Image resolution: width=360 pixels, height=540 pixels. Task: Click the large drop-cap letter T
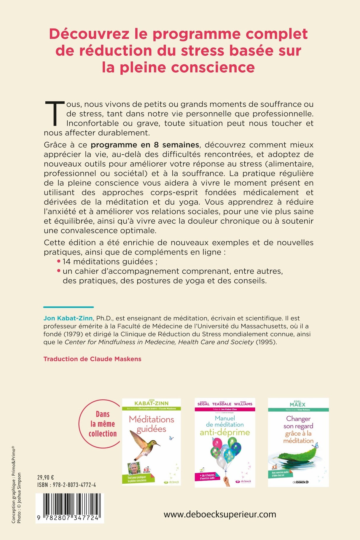point(55,113)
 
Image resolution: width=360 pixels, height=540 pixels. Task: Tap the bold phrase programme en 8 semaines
point(145,145)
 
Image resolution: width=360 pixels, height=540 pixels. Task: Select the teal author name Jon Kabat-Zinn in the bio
point(68,318)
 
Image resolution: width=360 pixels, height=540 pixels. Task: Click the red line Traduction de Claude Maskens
point(92,359)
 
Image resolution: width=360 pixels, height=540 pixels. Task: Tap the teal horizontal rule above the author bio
point(69,307)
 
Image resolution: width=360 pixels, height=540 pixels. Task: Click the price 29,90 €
point(45,477)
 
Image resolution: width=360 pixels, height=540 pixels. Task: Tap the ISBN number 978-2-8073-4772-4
point(75,485)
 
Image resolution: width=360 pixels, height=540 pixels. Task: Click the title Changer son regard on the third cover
point(298,422)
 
